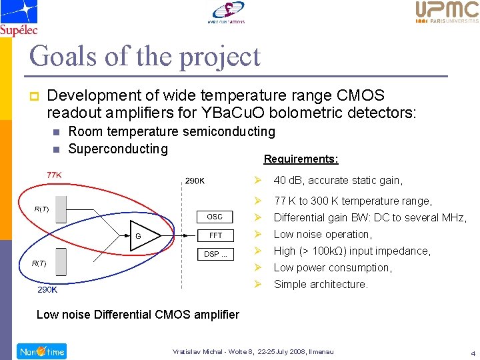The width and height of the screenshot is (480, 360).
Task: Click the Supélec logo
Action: (x=19, y=17)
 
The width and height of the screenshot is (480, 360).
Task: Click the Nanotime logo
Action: (x=41, y=351)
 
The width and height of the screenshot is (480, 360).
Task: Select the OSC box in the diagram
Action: (x=215, y=217)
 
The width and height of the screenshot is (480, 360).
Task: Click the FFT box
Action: (x=215, y=235)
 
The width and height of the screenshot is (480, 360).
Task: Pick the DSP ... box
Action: (x=215, y=254)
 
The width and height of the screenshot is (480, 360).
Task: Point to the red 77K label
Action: (x=54, y=175)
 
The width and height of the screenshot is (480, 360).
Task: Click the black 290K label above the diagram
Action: (x=195, y=181)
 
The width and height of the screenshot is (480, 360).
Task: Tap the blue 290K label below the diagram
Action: (x=47, y=290)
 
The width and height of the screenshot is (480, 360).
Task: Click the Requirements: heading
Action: (x=301, y=159)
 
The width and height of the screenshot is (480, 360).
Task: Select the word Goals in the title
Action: (x=62, y=56)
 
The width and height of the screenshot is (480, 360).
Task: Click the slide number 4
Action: (x=472, y=353)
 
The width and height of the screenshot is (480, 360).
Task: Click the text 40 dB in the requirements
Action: (x=287, y=180)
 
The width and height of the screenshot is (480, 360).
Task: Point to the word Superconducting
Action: (x=118, y=148)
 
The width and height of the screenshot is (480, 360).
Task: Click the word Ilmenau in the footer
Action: (x=319, y=351)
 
